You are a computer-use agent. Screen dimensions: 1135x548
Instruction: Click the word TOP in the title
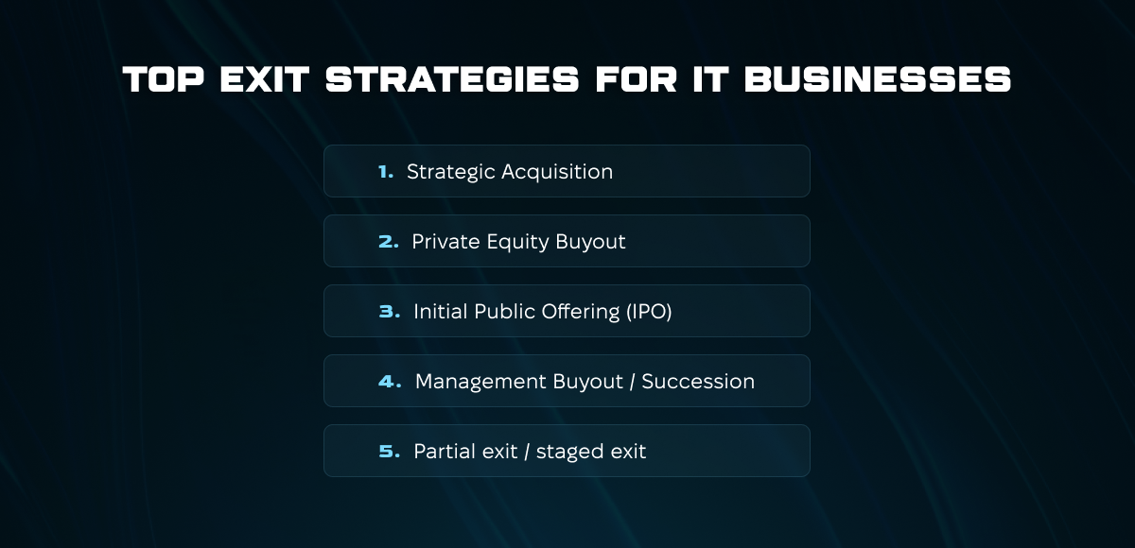[164, 79]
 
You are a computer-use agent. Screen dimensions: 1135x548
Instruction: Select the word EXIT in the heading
[265, 79]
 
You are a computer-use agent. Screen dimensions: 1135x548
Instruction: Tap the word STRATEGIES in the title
[452, 79]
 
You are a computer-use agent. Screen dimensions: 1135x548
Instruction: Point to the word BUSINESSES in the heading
[878, 79]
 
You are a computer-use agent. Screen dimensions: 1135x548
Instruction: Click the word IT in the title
[710, 79]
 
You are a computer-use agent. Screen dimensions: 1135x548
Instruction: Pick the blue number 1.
[386, 172]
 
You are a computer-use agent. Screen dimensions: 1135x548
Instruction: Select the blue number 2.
[388, 242]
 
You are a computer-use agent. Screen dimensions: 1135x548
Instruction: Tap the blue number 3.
[389, 312]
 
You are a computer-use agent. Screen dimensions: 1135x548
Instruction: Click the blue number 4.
[390, 382]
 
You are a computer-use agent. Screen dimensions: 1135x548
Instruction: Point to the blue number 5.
[389, 452]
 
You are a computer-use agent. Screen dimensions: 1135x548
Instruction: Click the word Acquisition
[557, 173]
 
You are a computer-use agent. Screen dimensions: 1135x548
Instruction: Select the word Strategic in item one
[451, 173]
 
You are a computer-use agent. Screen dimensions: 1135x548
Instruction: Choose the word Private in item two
[445, 242]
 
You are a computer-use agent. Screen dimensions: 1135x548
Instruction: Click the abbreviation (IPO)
[649, 312]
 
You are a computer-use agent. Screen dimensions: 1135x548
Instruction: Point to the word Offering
[581, 312]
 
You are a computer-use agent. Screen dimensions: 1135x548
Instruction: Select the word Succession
[698, 382]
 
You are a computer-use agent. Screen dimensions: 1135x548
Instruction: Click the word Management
[480, 382]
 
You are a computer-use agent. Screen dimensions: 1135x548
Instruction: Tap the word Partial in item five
[445, 452]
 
